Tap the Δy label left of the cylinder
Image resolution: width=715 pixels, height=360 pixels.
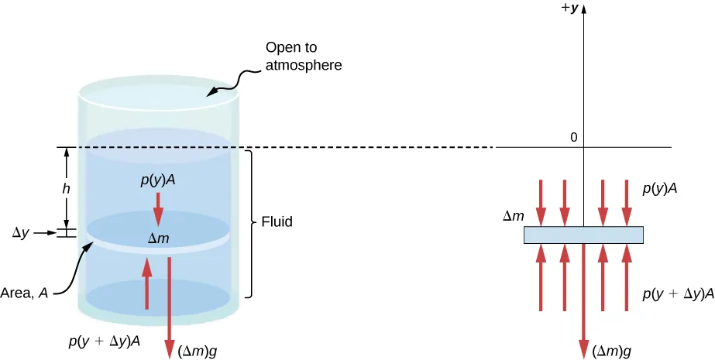click(x=29, y=231)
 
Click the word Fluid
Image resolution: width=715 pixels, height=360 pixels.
click(x=277, y=223)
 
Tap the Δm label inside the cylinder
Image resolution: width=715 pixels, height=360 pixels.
click(x=159, y=239)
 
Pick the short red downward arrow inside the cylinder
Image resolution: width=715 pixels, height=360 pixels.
click(x=159, y=207)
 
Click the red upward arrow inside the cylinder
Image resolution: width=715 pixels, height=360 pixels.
click(x=146, y=283)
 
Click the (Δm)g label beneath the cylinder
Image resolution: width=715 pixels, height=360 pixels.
click(x=198, y=350)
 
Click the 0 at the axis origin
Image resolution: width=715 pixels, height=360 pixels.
click(x=574, y=137)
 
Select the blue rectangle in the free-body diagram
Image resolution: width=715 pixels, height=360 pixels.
click(x=583, y=235)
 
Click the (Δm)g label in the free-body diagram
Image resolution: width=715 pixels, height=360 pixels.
click(x=612, y=351)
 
